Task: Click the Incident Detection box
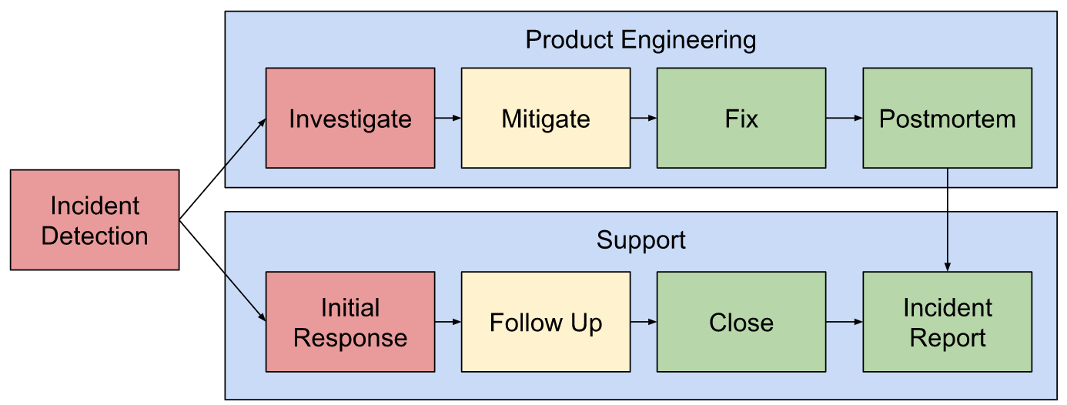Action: click(x=95, y=220)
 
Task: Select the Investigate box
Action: click(x=350, y=118)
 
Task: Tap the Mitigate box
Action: click(x=546, y=118)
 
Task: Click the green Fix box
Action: click(x=741, y=118)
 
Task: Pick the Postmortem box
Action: click(x=947, y=118)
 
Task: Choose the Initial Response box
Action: click(x=350, y=322)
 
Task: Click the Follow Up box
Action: click(x=546, y=322)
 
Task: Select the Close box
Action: click(x=741, y=322)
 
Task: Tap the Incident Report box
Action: click(x=947, y=322)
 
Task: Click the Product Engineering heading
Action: click(x=641, y=40)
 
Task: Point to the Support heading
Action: click(x=641, y=240)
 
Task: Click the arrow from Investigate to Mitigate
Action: click(x=448, y=118)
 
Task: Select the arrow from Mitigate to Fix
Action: click(x=644, y=118)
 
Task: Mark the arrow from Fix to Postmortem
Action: click(x=845, y=118)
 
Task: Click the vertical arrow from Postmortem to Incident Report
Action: click(x=947, y=219)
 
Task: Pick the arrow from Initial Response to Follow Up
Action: click(x=448, y=322)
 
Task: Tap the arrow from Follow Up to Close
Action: click(x=644, y=322)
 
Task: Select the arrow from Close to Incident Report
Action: click(x=845, y=322)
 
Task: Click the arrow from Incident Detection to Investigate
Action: click(x=222, y=170)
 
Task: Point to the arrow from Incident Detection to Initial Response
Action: click(x=222, y=270)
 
